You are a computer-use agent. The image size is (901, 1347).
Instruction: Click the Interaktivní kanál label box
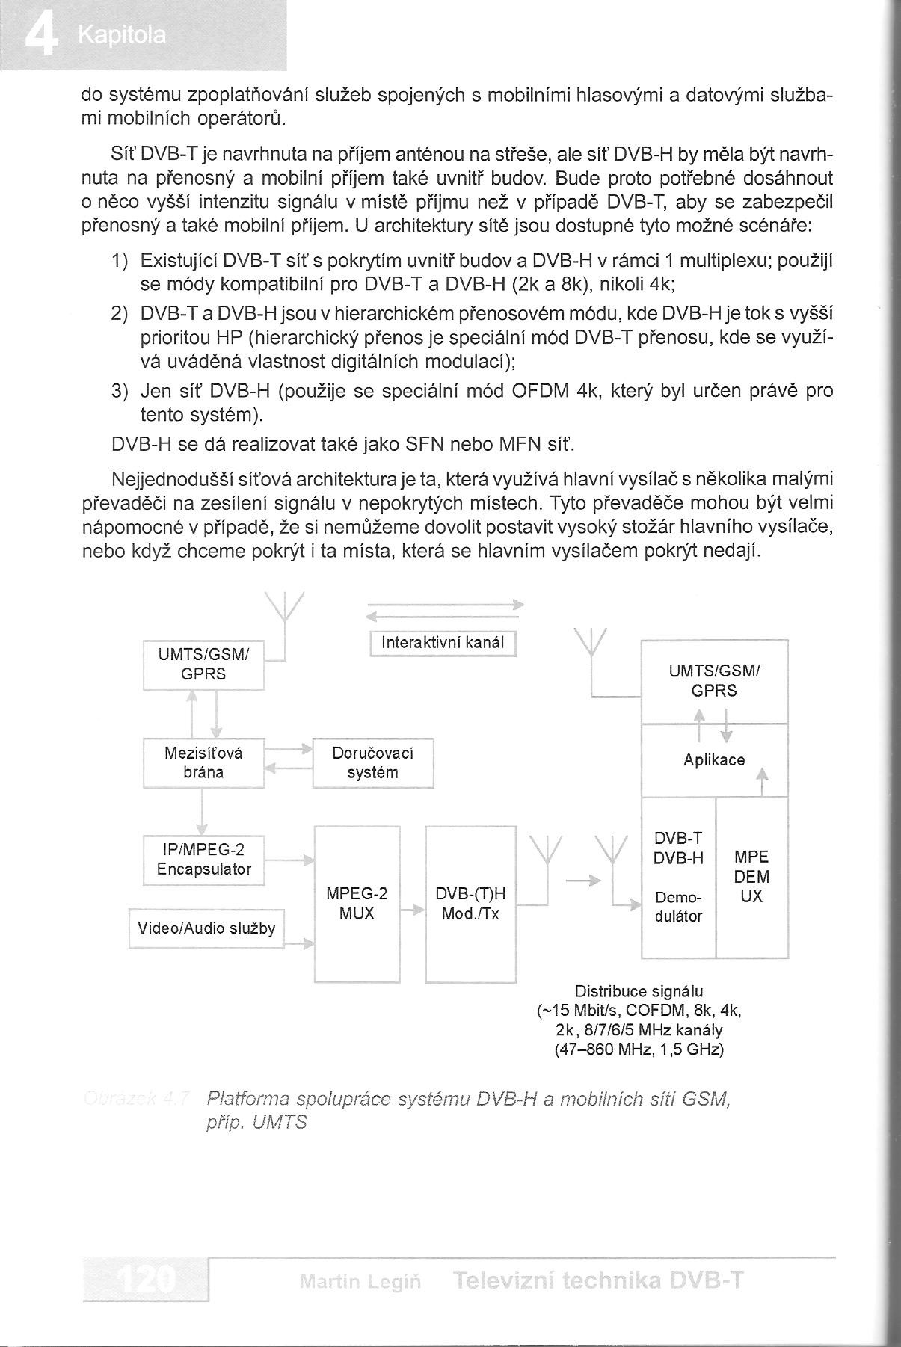[443, 643]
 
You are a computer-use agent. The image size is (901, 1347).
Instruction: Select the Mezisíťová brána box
[203, 762]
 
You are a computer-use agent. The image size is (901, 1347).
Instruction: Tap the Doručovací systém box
[372, 762]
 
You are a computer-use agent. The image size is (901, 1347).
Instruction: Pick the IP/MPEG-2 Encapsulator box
[203, 860]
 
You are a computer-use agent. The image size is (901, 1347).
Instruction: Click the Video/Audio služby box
[206, 928]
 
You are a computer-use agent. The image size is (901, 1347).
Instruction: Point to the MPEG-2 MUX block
[357, 904]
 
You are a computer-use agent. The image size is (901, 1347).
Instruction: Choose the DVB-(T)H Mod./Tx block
[470, 904]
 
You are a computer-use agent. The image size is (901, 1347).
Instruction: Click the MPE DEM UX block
[751, 877]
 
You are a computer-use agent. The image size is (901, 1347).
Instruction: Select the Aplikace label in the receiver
[714, 760]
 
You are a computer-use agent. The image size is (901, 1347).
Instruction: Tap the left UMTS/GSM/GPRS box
[203, 665]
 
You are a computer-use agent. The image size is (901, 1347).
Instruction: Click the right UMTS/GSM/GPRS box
[714, 681]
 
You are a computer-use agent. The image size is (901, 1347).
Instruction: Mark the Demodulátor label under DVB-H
[678, 907]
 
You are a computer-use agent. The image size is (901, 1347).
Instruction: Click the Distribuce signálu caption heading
[639, 992]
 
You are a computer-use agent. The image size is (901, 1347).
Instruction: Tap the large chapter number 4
[40, 36]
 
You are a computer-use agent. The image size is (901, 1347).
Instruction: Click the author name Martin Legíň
[360, 1283]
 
